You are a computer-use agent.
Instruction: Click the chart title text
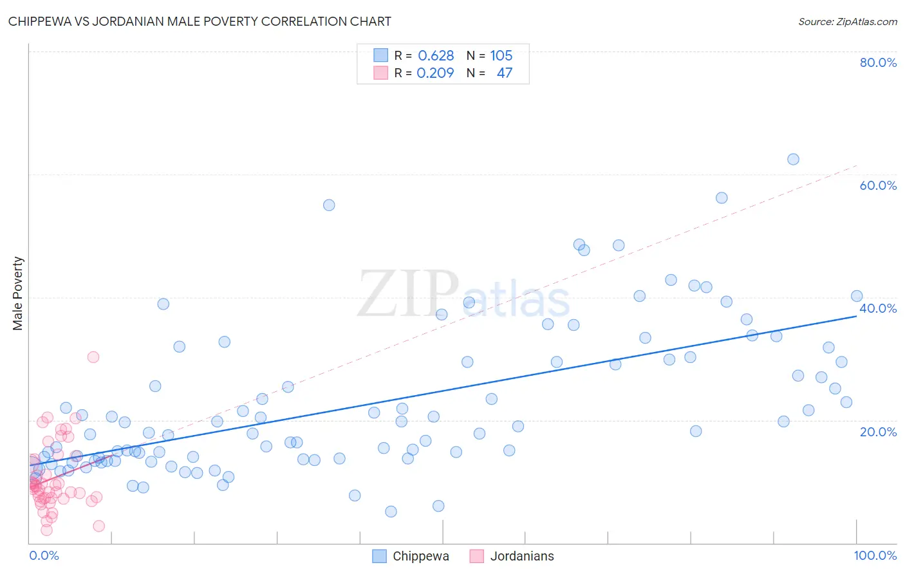click(x=200, y=21)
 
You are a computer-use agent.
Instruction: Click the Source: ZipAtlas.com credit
click(x=847, y=21)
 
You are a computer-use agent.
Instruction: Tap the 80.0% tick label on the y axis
click(x=878, y=62)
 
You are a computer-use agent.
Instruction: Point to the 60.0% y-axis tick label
click(x=878, y=185)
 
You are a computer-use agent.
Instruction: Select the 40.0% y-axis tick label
click(x=878, y=308)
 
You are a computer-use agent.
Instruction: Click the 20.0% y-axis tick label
click(x=878, y=432)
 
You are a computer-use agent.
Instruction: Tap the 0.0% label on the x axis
click(x=44, y=555)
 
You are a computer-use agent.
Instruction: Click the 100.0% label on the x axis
click(x=875, y=555)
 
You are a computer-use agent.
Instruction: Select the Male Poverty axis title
click(x=18, y=293)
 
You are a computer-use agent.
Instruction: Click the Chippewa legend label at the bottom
click(x=420, y=556)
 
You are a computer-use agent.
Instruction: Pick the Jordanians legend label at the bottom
click(x=521, y=556)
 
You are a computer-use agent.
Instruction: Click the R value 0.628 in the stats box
click(x=436, y=55)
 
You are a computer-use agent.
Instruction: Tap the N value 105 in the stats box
click(x=501, y=55)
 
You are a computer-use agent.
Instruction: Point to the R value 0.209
click(x=435, y=73)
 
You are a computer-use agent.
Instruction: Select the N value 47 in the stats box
click(x=504, y=73)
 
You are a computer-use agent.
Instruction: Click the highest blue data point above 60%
click(x=793, y=159)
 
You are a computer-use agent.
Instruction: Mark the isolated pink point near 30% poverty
click(x=93, y=357)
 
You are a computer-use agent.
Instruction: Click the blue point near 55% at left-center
click(x=329, y=205)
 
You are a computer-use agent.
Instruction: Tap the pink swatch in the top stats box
click(x=380, y=73)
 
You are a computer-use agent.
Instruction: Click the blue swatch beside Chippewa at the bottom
click(x=380, y=556)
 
